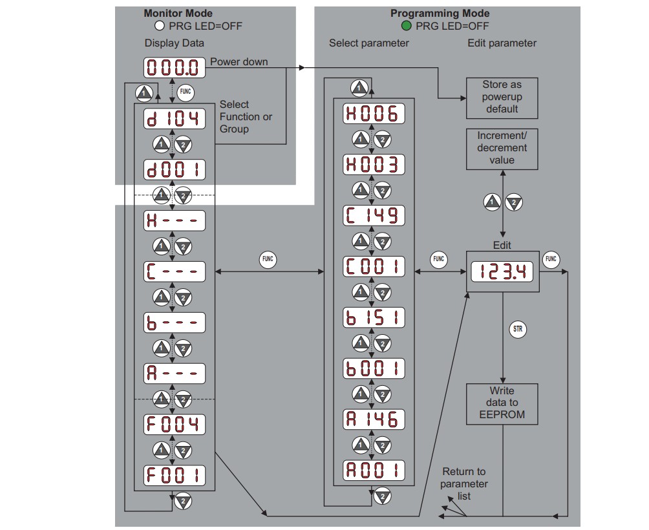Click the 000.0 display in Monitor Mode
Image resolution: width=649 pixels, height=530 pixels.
click(175, 67)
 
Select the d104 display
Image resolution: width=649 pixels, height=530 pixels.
click(175, 119)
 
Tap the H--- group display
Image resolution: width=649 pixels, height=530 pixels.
click(175, 220)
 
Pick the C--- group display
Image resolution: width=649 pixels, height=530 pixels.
click(175, 271)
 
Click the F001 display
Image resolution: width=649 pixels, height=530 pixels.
click(175, 476)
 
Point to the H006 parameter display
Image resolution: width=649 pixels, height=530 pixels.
click(374, 113)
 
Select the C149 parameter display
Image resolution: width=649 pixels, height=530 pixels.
click(374, 216)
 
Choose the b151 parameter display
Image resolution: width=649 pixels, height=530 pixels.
click(374, 317)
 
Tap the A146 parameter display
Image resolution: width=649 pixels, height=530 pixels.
click(374, 419)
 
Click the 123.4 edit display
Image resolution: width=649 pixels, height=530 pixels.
click(502, 272)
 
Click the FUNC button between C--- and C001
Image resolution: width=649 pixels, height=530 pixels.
click(268, 259)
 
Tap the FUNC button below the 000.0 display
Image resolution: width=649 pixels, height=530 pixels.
click(186, 92)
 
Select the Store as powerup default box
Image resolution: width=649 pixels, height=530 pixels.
click(502, 98)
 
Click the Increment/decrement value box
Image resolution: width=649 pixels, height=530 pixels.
click(502, 149)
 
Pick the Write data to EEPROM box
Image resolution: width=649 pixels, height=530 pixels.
click(502, 404)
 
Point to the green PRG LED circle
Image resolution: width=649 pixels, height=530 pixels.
click(407, 26)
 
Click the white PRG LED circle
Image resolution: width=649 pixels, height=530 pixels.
click(160, 26)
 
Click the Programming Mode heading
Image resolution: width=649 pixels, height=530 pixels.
click(440, 13)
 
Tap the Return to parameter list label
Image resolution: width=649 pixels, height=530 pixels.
click(464, 483)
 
